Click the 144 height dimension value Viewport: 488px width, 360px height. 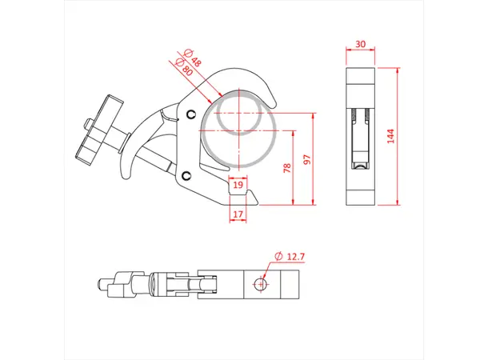pyautogui.click(x=390, y=136)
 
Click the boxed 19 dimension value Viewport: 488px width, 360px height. pyautogui.click(x=238, y=185)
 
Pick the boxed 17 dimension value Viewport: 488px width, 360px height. pyautogui.click(x=238, y=214)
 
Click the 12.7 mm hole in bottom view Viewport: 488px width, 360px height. pyautogui.click(x=258, y=284)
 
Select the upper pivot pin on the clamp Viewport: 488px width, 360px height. pyautogui.click(x=190, y=113)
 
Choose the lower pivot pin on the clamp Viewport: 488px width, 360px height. pyautogui.click(x=186, y=175)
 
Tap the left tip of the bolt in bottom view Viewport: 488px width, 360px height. pyautogui.click(x=99, y=283)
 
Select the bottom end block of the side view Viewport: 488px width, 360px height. pyautogui.click(x=362, y=195)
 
